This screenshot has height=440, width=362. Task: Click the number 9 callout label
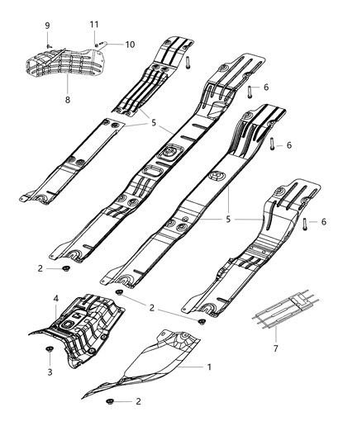click(47, 25)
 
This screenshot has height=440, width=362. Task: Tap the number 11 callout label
click(94, 25)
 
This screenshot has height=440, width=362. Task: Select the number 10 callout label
click(129, 45)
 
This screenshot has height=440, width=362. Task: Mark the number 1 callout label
click(209, 367)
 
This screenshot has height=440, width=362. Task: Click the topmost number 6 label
click(266, 88)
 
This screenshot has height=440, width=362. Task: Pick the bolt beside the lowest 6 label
click(306, 223)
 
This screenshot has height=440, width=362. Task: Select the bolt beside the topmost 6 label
click(250, 89)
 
